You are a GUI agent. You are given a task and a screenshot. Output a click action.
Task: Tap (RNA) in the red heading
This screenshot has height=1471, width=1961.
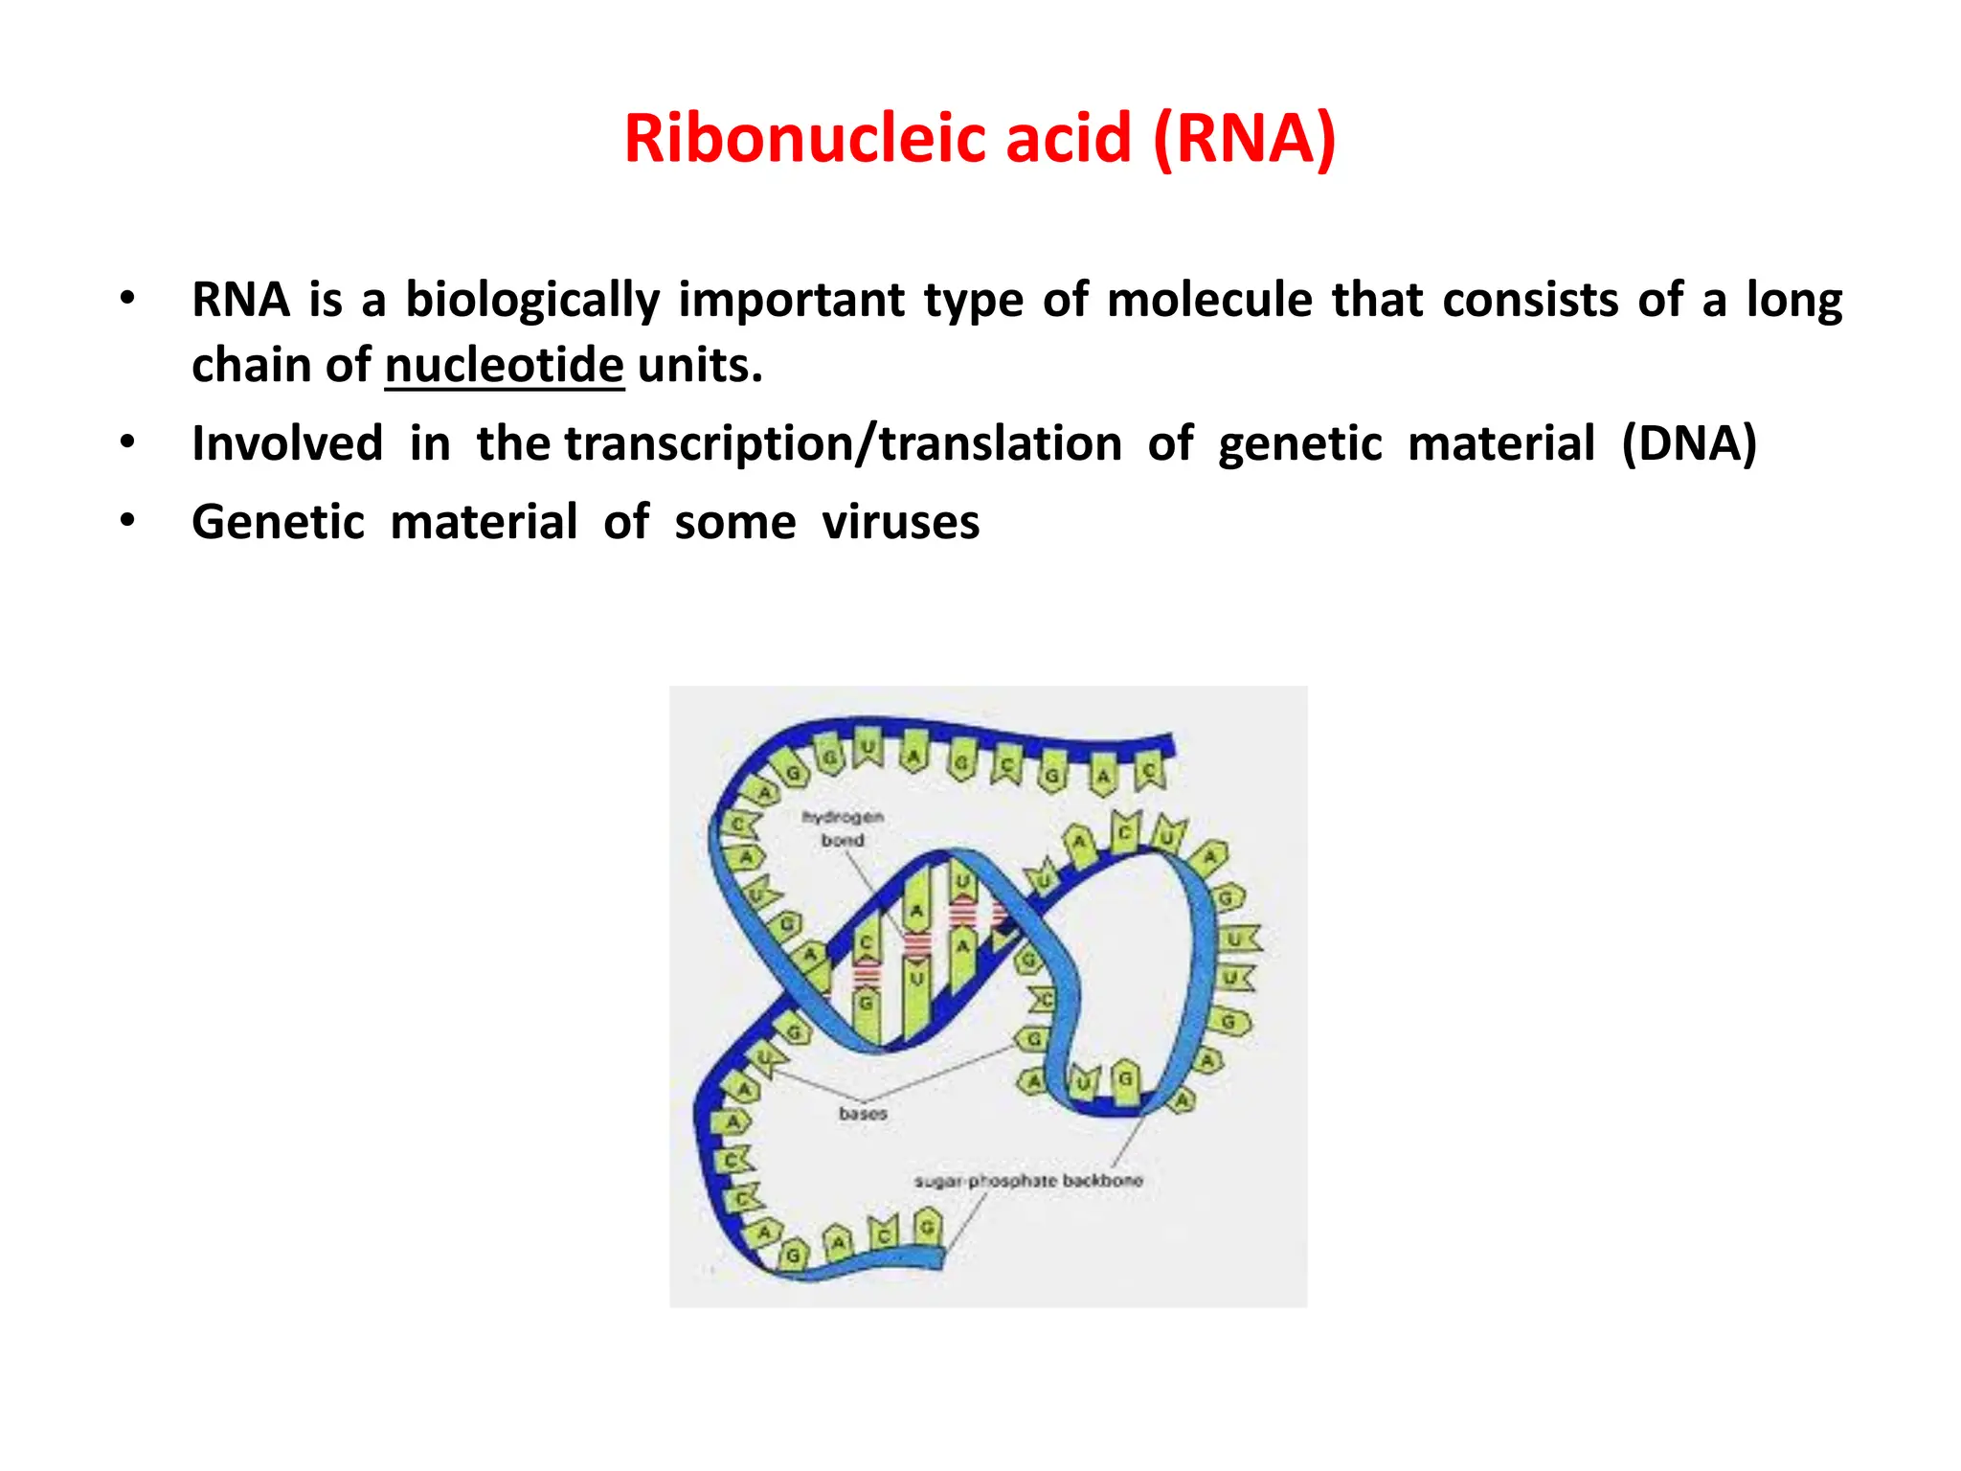[1245, 139]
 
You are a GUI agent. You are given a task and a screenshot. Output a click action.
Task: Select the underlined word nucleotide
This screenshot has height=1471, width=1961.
[505, 366]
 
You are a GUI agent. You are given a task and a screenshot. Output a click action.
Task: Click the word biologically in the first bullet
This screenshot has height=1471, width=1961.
[532, 300]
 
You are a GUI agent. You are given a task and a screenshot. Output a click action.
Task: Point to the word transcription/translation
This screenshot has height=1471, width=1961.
[844, 444]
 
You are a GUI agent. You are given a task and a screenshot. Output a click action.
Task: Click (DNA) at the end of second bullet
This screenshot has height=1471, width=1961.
[1689, 444]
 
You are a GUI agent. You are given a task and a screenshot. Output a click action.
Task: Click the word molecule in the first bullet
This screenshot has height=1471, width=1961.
[1210, 300]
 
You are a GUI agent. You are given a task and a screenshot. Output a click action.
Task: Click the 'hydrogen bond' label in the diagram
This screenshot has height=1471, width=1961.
[843, 828]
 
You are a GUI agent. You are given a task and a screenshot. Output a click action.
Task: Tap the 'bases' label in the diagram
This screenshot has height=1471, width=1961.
[863, 1114]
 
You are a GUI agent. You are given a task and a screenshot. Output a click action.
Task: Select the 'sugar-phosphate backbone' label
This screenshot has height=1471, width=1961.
[1028, 1181]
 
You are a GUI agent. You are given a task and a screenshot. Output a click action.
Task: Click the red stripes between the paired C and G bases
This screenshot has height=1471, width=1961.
[867, 973]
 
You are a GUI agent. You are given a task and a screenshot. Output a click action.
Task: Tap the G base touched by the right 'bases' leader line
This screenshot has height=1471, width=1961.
[1033, 1040]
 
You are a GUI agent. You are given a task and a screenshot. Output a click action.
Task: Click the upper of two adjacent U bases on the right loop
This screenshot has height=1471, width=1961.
[1236, 939]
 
